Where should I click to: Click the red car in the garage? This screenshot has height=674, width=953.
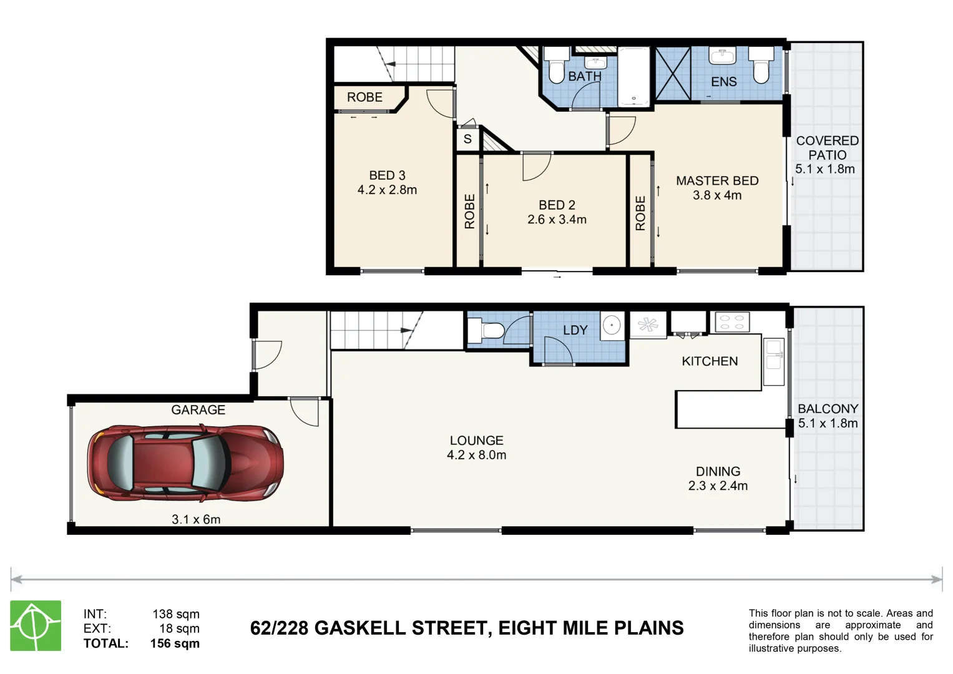coord(185,464)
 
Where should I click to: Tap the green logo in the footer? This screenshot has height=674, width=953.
coord(36,625)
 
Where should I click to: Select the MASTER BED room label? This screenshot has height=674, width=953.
coord(717,181)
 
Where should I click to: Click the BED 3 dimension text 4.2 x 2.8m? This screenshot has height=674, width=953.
coord(387,190)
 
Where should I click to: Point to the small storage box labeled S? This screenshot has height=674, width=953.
coord(467,139)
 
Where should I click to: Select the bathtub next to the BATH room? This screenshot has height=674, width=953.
coord(633,77)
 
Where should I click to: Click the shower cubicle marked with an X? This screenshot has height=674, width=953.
coord(673,74)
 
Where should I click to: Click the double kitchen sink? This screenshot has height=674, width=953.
coord(773,362)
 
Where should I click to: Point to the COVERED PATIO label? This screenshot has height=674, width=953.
coord(827,148)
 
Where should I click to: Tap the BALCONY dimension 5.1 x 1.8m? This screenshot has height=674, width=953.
coord(828,424)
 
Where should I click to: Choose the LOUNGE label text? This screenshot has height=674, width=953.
coord(476,441)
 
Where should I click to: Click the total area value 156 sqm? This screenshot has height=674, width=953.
coord(175,643)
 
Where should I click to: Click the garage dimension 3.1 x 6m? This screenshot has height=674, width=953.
coord(196,519)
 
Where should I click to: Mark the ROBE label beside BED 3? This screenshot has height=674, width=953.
coord(364,97)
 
